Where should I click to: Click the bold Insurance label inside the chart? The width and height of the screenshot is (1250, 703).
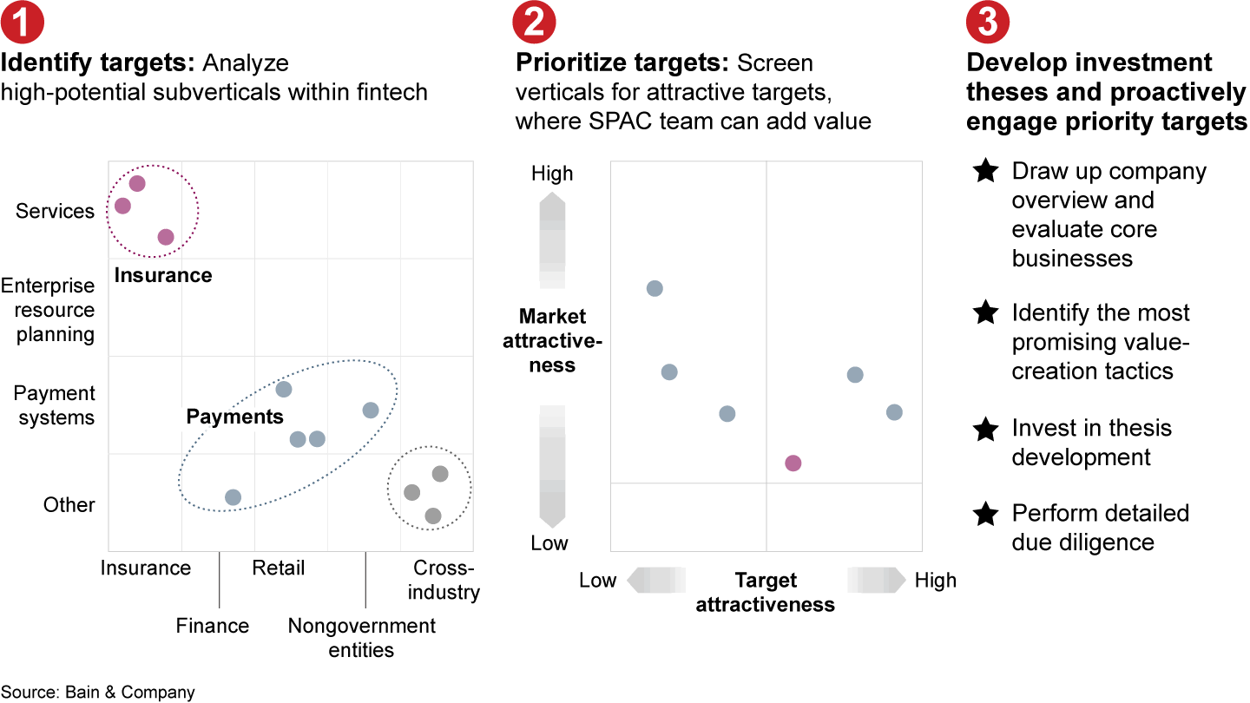(163, 275)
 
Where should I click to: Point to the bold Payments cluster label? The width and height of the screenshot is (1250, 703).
(234, 417)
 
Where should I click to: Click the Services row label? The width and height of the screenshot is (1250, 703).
(55, 211)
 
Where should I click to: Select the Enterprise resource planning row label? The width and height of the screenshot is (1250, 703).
(48, 310)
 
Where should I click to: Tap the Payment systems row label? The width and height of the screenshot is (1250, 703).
(54, 405)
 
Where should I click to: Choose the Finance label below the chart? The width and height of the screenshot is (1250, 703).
(213, 626)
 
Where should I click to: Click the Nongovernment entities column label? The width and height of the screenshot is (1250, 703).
(362, 637)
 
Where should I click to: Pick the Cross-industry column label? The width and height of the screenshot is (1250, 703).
(445, 580)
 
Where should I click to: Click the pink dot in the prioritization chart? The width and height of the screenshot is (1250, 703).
(793, 463)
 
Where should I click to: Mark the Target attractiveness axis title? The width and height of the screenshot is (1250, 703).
(766, 592)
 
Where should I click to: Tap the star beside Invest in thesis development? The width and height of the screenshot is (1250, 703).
(985, 429)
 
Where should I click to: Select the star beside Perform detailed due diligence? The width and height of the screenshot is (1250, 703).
(985, 514)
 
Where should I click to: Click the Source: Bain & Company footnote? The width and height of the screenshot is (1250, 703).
(98, 692)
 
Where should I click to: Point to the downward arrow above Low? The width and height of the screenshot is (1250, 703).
(552, 467)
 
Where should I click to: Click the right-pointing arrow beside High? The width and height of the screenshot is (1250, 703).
(877, 580)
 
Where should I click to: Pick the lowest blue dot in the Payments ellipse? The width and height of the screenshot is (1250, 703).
(233, 497)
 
